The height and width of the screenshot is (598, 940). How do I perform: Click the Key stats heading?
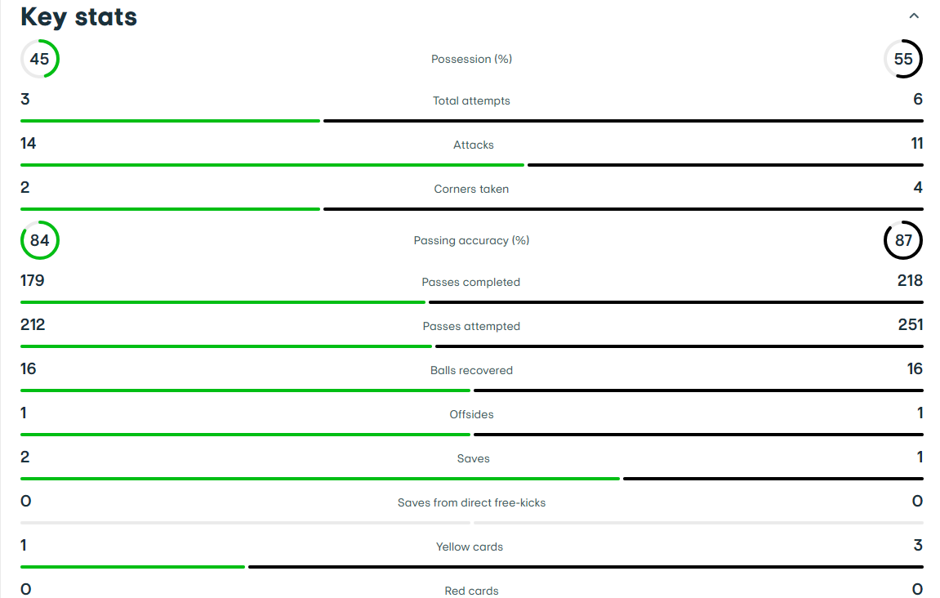(x=78, y=17)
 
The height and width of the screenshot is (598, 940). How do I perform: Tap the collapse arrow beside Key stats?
(x=914, y=16)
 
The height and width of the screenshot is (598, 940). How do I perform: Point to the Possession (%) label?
(x=471, y=59)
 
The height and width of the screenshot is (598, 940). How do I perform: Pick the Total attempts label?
(x=471, y=100)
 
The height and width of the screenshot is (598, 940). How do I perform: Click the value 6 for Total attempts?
(x=917, y=99)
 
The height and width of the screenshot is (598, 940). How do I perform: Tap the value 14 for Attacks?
(x=29, y=143)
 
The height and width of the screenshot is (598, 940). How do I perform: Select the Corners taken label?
(x=471, y=189)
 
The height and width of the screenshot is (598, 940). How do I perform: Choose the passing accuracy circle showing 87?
(x=884, y=240)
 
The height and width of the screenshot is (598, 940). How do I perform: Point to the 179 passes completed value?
(x=33, y=281)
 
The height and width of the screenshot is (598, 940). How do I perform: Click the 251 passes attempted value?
(x=911, y=324)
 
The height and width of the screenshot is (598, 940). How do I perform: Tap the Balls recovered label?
(x=471, y=370)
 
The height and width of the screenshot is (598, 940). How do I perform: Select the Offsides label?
(x=471, y=414)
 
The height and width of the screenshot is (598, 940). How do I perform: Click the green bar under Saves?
(x=320, y=479)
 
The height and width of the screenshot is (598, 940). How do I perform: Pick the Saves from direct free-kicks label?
(x=471, y=502)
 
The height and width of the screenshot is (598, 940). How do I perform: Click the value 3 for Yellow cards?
(x=918, y=545)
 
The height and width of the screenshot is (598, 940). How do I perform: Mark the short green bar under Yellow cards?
(x=132, y=567)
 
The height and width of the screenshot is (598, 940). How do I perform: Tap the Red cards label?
(x=471, y=591)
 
